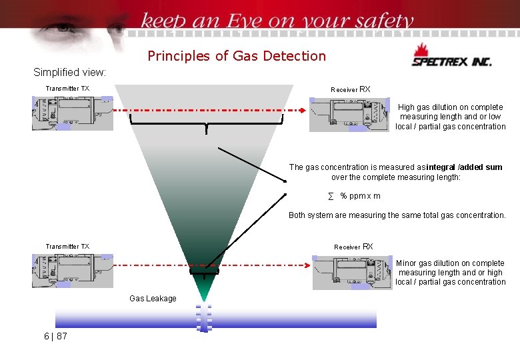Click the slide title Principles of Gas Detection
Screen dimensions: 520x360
coord(237,56)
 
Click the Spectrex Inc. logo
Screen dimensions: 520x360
coord(451,57)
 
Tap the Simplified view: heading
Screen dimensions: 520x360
coord(69,72)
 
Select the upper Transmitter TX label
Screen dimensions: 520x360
coord(67,89)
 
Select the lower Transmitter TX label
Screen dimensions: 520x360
coord(67,247)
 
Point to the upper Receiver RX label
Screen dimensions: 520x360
coord(350,89)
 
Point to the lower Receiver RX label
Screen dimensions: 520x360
coord(353,247)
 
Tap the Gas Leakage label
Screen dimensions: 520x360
coord(153,299)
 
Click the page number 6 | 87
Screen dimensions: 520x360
coord(55,336)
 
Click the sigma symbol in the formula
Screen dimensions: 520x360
coord(331,196)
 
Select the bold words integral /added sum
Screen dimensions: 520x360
coord(464,167)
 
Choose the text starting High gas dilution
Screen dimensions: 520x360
coord(450,117)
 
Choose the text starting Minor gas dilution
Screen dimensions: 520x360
coord(450,273)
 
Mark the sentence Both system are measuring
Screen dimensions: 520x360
coord(397,215)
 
